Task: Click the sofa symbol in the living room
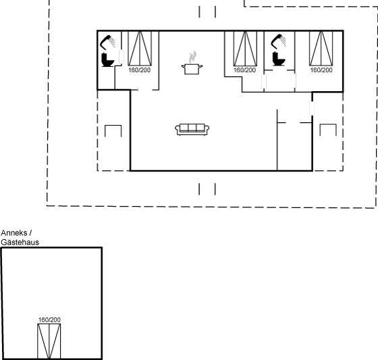coord(192,130)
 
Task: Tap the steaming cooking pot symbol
coord(192,64)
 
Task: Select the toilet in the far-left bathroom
coord(107,59)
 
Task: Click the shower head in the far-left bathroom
coord(108,42)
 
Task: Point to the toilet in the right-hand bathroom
coord(279,59)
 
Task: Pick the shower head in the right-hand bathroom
coord(279,41)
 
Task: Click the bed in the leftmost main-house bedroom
coord(140,48)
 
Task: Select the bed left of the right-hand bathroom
coord(245,48)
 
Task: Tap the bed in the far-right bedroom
coord(321,48)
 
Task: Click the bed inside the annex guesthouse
coord(49,341)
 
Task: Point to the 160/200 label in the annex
coord(49,319)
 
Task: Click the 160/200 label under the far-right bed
coord(321,70)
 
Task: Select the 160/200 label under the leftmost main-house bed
coord(139,70)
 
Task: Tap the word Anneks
coord(14,233)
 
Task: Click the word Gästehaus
coord(20,242)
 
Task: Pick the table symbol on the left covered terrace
coord(113,130)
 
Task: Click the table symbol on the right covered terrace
coord(328,130)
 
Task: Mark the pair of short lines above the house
coord(207,12)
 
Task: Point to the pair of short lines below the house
coord(207,189)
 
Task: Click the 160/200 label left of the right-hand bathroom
coord(244,70)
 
